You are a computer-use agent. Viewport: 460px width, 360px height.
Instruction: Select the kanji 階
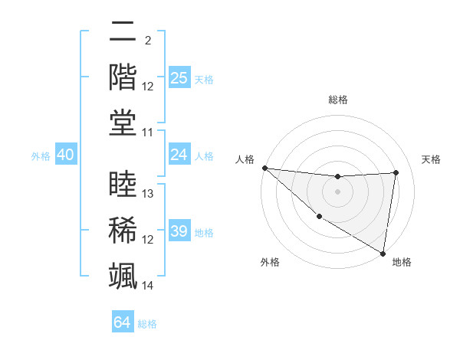pos(123,77)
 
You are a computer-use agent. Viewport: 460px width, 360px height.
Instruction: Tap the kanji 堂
pos(123,122)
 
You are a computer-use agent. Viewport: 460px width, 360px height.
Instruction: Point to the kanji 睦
pos(123,185)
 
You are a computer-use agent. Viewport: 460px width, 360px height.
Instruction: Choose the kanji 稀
pos(123,229)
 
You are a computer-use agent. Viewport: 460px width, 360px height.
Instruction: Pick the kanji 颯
pos(123,274)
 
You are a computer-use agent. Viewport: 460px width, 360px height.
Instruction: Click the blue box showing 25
pos(179,78)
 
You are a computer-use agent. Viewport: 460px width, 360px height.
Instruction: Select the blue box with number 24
pos(179,155)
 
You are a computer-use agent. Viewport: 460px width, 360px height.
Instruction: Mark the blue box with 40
pos(65,155)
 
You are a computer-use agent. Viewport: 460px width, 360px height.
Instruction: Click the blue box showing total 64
pos(122,322)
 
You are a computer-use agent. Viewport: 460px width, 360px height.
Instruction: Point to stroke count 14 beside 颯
pos(148,286)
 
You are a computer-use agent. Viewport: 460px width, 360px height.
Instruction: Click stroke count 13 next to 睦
pos(148,194)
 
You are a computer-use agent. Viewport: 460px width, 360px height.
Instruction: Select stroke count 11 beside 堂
pos(148,133)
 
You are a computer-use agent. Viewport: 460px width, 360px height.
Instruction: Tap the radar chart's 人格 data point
pos(264,168)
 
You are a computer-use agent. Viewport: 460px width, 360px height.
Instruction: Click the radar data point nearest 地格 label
pos(383,253)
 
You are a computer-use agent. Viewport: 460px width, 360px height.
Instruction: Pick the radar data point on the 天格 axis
pos(396,172)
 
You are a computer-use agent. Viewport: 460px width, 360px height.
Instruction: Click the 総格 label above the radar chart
pos(338,100)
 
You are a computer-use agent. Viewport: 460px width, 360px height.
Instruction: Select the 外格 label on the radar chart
pos(270,262)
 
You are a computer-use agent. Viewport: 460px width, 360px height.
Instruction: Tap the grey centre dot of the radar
pos(337,191)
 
